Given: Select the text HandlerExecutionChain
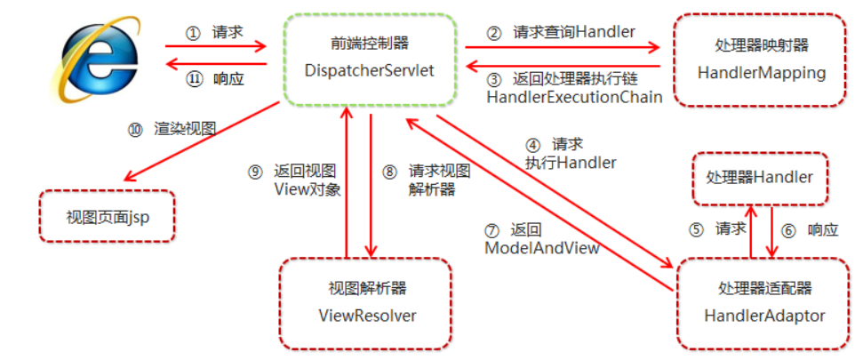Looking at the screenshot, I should click(574, 97).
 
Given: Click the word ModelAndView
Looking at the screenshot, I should click(541, 247).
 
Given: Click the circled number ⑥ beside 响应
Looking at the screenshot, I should click(788, 229).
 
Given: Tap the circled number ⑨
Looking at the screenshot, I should click(255, 172).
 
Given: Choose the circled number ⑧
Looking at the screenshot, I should click(389, 172).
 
